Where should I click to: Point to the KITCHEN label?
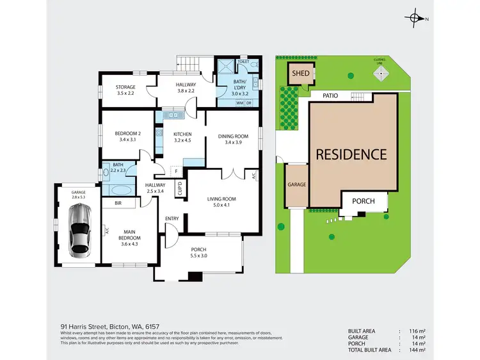pos(182,134)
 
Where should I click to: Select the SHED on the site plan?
pos(300,73)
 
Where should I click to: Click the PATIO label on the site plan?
pos(330,96)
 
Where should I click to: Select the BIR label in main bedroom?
pos(118,203)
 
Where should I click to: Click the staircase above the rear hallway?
pos(189,64)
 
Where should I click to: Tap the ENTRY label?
pos(172,218)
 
